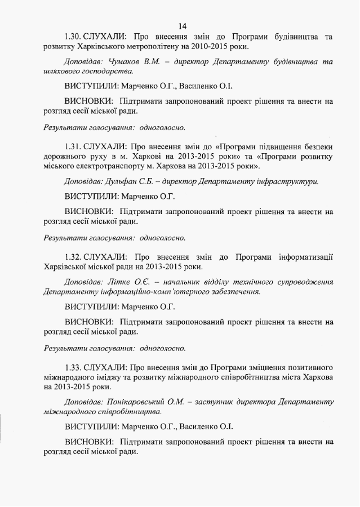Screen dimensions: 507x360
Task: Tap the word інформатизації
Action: pyautogui.click(x=303, y=256)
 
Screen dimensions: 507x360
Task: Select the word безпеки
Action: pyautogui.click(x=318, y=146)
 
